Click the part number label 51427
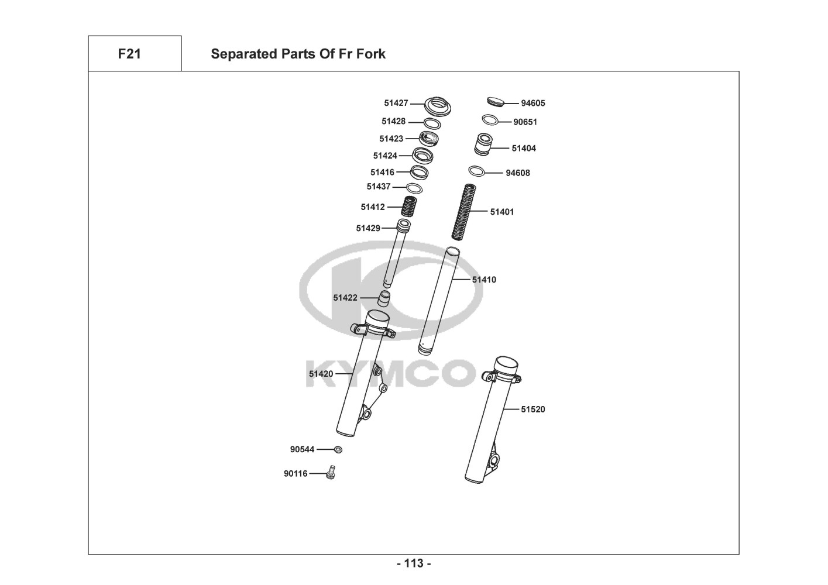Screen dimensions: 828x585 (x=396, y=103)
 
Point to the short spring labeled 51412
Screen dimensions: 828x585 (x=408, y=207)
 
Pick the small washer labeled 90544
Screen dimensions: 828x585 (x=338, y=449)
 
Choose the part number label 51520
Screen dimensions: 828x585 (x=532, y=409)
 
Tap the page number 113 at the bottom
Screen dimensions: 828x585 (x=414, y=564)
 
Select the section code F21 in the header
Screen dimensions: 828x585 (x=129, y=54)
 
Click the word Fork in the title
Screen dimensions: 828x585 (x=371, y=54)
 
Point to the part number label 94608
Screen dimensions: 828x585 (x=517, y=173)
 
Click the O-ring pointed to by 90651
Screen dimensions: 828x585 (x=490, y=120)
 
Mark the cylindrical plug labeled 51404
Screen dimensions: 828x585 (x=483, y=145)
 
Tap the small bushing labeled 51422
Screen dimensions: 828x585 (x=383, y=298)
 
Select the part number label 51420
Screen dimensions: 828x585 (x=321, y=374)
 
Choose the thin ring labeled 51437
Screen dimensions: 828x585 (x=414, y=188)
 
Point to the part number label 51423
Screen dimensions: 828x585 (x=391, y=139)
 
